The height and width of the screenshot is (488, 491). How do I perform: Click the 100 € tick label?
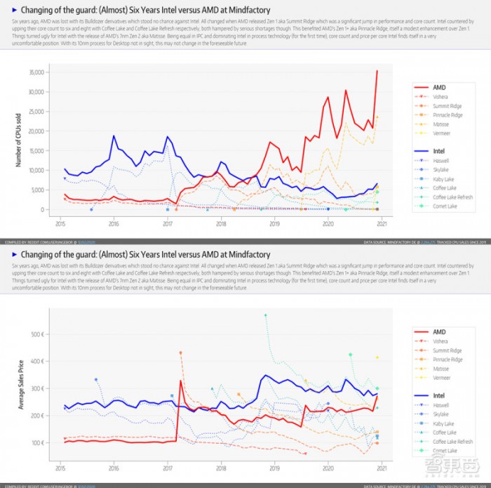pos(39,443)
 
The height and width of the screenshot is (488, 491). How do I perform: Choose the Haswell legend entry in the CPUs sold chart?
pos(440,160)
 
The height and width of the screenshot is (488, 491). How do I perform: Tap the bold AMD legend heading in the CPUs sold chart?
pos(440,86)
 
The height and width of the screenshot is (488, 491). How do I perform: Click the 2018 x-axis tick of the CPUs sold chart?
pos(221,224)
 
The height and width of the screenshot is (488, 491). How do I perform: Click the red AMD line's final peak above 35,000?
pos(377,71)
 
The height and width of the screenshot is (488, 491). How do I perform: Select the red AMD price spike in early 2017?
pos(181,381)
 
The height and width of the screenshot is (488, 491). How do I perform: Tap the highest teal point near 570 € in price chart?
pos(265,315)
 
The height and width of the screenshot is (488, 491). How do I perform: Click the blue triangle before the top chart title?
pos(15,11)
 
